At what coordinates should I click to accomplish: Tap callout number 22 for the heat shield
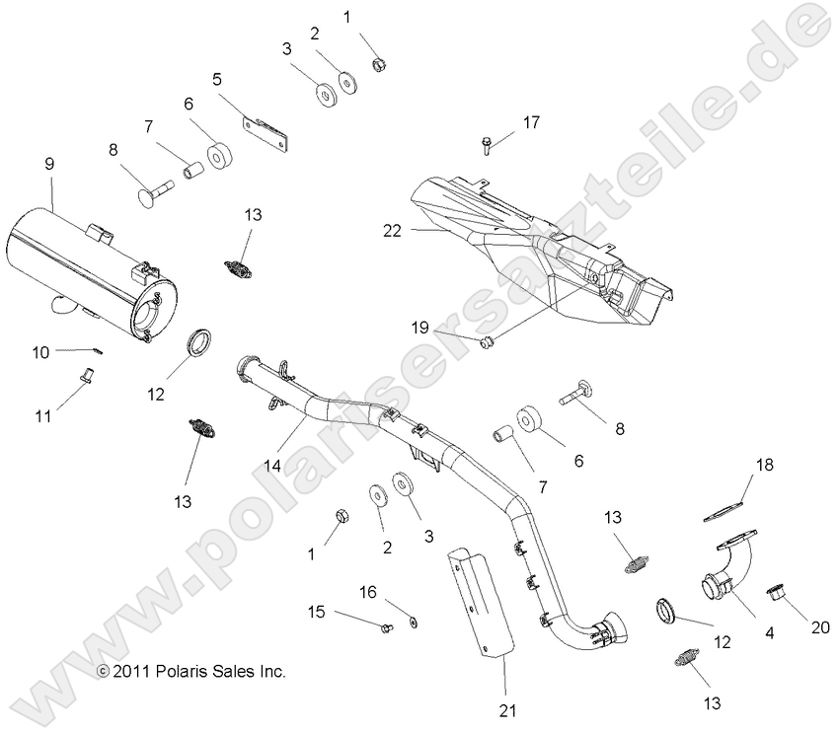tap(393, 230)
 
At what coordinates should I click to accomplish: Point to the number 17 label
tap(531, 122)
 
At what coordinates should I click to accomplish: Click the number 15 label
tap(316, 613)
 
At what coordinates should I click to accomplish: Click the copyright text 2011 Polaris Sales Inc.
tap(190, 672)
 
